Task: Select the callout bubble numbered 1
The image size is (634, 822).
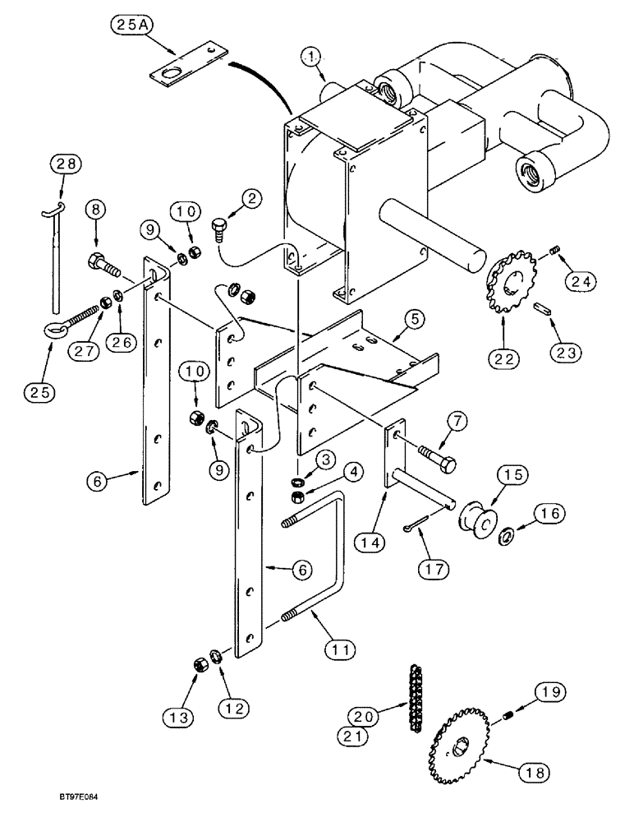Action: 310,58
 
